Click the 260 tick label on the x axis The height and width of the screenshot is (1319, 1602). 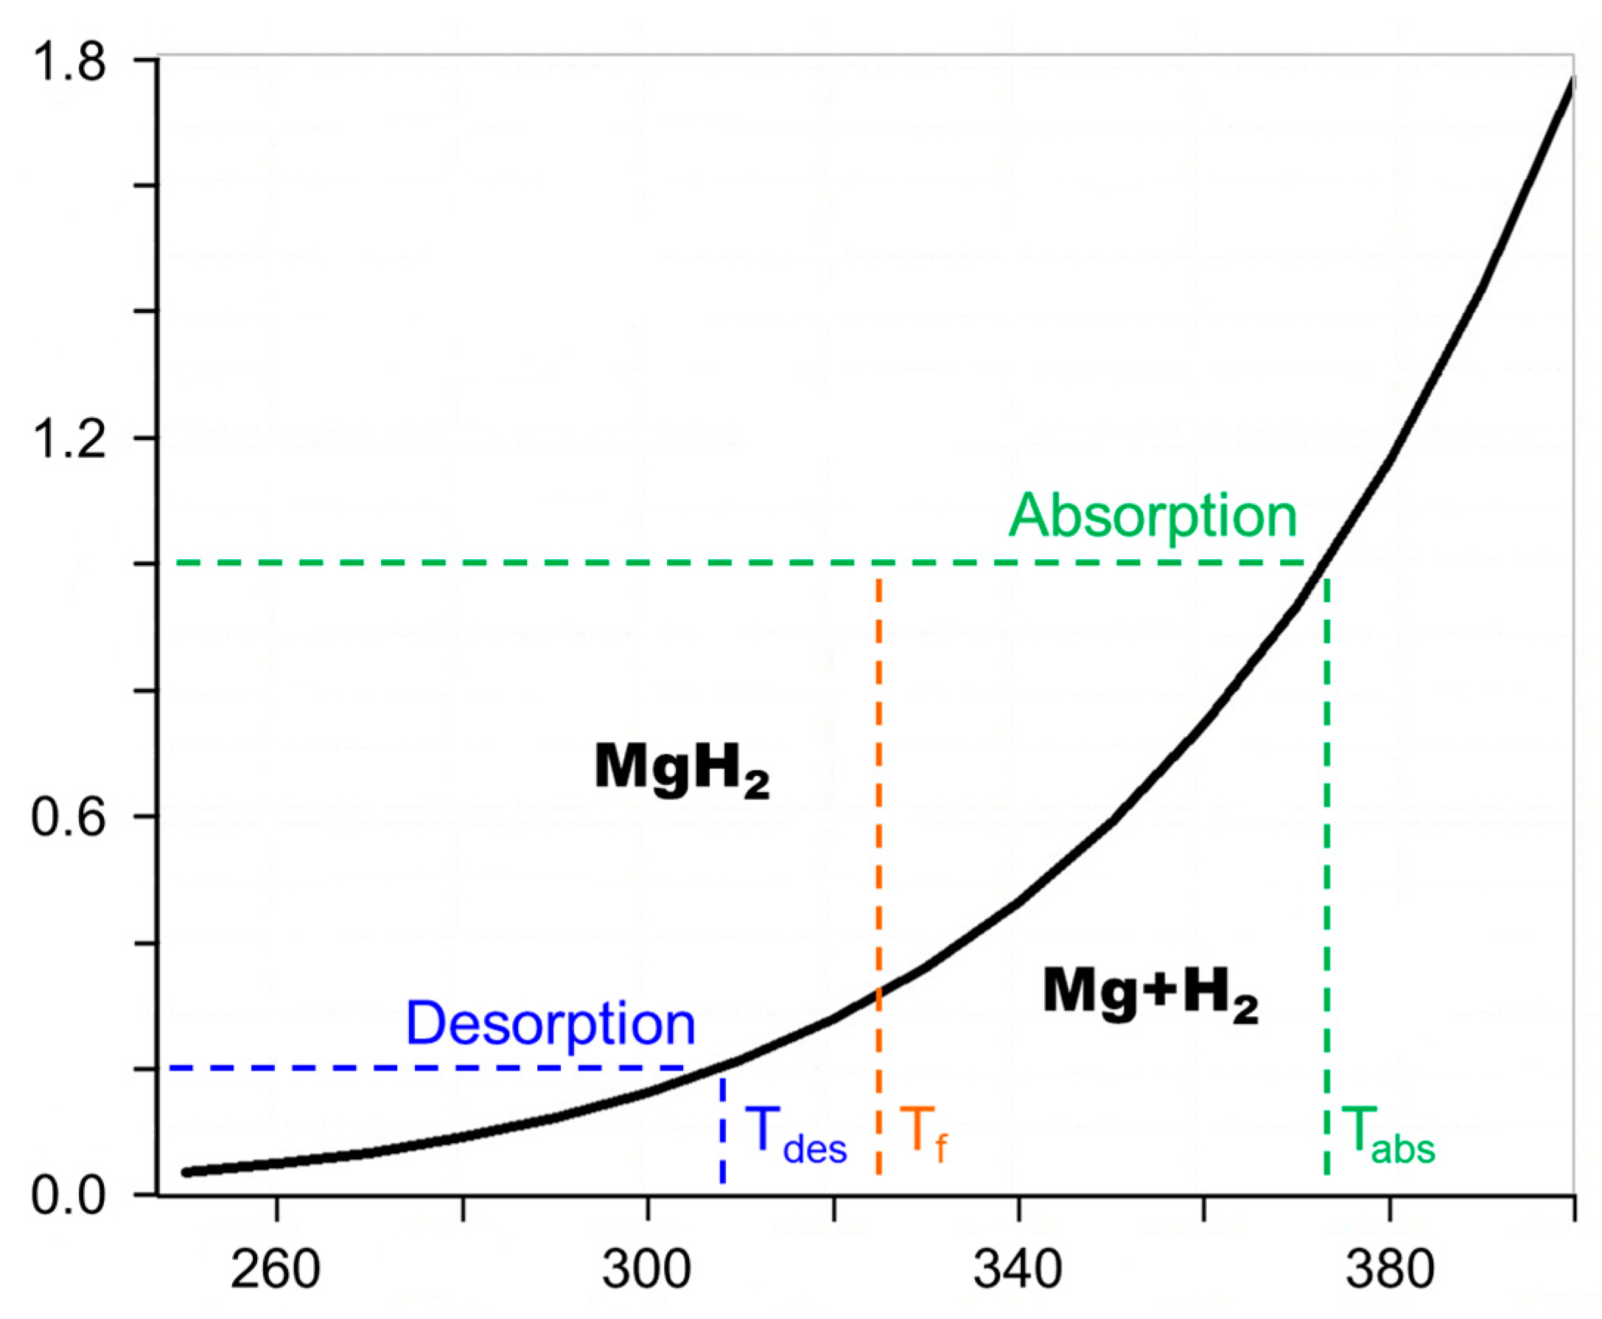[275, 1270]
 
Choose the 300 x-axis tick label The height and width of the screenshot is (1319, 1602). [646, 1270]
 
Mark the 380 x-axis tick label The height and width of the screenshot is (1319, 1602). [1389, 1270]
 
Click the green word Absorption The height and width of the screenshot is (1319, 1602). [1152, 517]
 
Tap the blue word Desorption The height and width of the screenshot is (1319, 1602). [550, 1024]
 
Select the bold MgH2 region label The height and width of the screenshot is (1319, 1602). [682, 770]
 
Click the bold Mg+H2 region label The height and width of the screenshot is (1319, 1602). [1150, 995]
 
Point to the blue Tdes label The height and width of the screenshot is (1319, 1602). [794, 1134]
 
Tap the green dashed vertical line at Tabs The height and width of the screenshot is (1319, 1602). [1326, 874]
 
